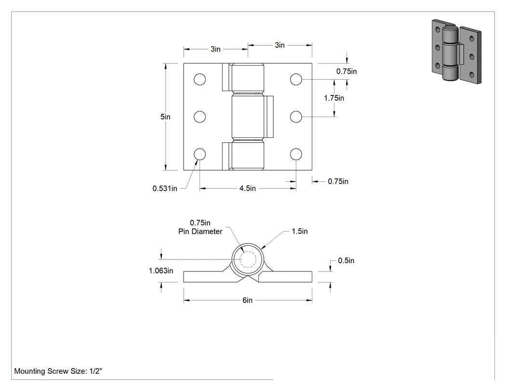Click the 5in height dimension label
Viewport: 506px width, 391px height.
165,117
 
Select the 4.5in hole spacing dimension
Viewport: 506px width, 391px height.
248,188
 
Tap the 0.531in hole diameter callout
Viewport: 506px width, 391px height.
165,188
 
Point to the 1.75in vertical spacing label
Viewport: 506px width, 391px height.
334,98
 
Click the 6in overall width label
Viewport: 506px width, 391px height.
248,300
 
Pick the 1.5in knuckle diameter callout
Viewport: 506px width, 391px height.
299,231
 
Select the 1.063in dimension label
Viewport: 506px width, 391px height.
160,271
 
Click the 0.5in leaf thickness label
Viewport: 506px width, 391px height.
346,260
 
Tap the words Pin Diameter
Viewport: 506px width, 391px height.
200,231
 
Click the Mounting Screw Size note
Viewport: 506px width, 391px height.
58,371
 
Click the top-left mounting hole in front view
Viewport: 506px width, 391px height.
200,79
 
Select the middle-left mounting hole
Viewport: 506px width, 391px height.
200,117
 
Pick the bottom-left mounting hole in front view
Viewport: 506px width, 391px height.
200,154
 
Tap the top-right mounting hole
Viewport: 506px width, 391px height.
296,79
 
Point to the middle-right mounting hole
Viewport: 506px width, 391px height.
296,117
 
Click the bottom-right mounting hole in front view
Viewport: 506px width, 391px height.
296,154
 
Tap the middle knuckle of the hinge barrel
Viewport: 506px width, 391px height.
248,117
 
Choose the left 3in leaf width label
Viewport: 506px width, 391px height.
215,49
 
